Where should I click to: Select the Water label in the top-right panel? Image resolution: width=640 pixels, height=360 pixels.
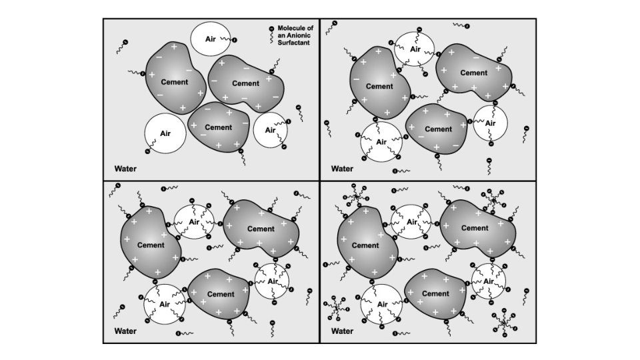pos(342,169)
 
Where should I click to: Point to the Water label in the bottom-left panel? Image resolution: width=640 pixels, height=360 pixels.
pos(125,331)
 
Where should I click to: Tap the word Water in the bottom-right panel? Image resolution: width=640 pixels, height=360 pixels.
pos(342,331)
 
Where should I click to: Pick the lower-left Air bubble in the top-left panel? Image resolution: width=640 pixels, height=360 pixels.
pos(165,133)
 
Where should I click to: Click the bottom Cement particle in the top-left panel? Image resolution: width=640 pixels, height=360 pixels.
pos(219,128)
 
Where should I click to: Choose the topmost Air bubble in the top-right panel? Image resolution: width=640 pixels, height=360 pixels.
pos(414,49)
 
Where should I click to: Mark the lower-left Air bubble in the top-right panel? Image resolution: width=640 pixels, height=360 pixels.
pos(381,142)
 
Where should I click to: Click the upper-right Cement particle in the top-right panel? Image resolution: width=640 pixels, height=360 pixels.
pos(473,72)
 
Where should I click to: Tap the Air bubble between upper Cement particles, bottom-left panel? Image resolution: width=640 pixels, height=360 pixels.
pos(194,222)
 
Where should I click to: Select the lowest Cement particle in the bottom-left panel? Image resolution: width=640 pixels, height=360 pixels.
pos(220,295)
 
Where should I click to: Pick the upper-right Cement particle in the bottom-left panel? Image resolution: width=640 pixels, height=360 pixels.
pos(259,229)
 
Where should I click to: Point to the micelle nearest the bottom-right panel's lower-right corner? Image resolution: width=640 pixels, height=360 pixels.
pos(505,323)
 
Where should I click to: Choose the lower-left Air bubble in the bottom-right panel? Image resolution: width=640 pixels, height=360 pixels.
pos(382,305)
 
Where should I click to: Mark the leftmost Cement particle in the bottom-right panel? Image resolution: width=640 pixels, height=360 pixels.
pos(365,245)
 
